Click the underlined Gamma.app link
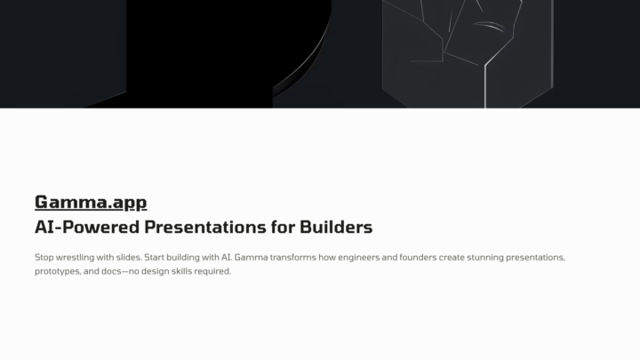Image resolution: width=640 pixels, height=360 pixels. (91, 203)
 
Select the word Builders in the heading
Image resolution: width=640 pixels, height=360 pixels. (336, 227)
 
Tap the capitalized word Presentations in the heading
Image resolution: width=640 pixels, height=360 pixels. (205, 227)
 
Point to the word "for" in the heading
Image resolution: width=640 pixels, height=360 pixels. (283, 227)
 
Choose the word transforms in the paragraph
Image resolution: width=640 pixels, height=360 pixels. (293, 258)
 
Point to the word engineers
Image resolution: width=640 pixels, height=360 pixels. (359, 258)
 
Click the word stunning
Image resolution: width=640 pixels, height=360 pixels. (485, 258)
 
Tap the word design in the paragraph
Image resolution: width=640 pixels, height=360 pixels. (155, 271)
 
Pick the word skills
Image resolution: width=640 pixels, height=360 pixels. (181, 271)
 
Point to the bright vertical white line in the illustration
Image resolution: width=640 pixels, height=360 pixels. (485, 86)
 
